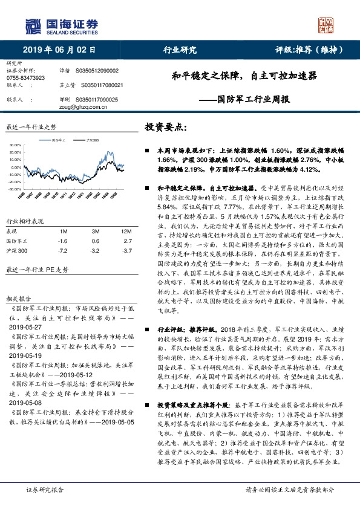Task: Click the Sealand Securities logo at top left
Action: pyautogui.click(x=61, y=26)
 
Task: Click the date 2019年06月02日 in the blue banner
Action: pyautogui.click(x=60, y=50)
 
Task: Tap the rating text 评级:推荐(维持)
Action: pyautogui.click(x=304, y=50)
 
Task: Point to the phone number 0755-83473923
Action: pyautogui.click(x=25, y=79)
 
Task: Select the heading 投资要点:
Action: pyautogui.click(x=166, y=128)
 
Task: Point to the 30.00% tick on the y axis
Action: pyautogui.click(x=15, y=146)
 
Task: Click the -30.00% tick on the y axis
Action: pyautogui.click(x=15, y=189)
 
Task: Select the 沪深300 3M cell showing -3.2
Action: pyautogui.click(x=95, y=250)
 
